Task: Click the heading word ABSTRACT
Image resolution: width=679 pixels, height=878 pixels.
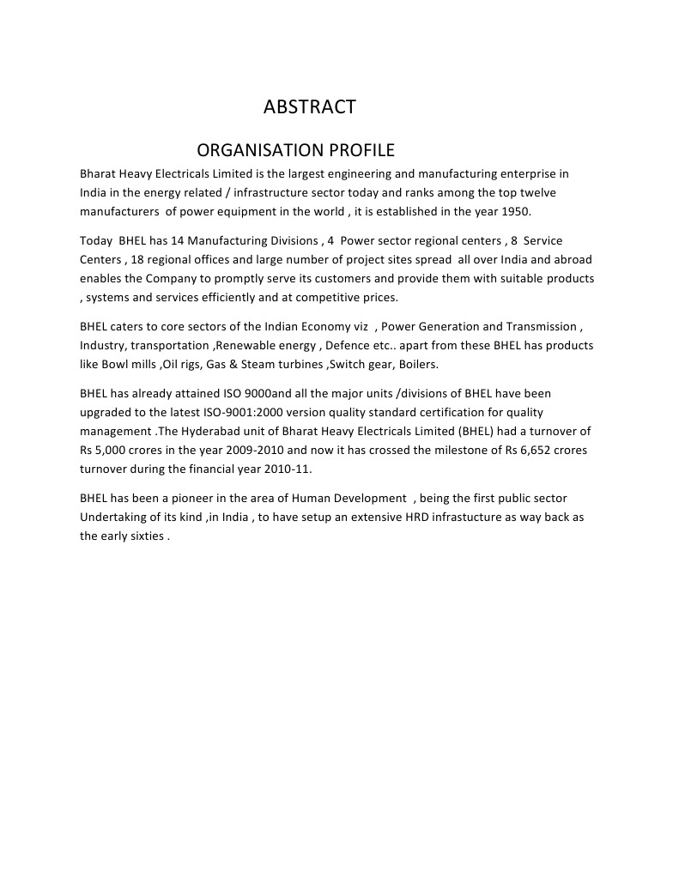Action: click(x=309, y=107)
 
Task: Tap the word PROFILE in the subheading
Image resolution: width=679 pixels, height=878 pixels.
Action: click(x=364, y=151)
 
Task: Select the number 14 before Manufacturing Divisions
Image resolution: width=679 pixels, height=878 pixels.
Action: click(x=178, y=240)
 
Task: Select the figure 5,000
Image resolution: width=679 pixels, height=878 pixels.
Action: click(x=116, y=450)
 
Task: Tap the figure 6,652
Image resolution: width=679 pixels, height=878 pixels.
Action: click(x=512, y=450)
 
